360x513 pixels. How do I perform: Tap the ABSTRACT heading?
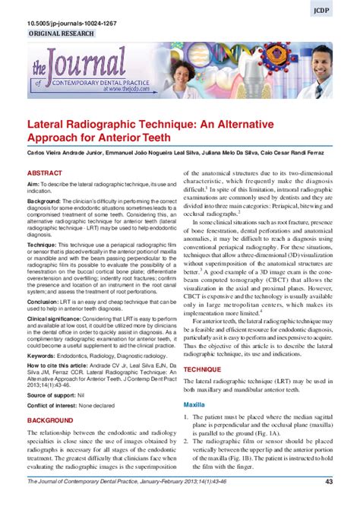[45, 173]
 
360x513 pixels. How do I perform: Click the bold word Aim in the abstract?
[33, 185]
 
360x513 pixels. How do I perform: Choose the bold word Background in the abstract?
[46, 204]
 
